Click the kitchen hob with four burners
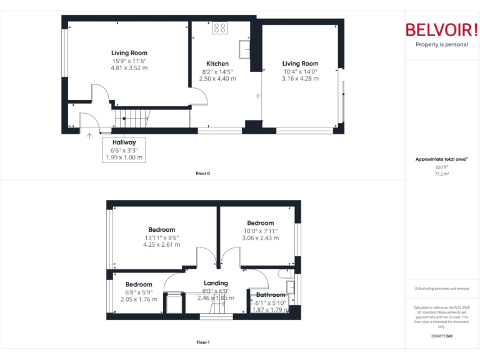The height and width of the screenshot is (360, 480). tap(220, 28)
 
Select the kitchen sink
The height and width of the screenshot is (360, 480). tap(245, 48)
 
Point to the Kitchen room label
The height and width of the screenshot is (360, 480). tap(217, 64)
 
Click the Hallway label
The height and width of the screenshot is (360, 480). tap(124, 142)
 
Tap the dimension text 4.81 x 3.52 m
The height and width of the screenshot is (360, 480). tap(129, 68)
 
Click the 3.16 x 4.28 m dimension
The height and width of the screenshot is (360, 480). tap(300, 79)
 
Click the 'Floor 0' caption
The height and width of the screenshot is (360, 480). tap(203, 173)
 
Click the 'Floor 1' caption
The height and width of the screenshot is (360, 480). tap(203, 342)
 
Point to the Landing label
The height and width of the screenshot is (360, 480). tap(216, 283)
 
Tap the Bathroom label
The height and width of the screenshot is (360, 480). tap(271, 295)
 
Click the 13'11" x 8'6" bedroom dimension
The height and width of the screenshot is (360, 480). tap(162, 237)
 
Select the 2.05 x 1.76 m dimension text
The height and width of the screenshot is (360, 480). tap(139, 299)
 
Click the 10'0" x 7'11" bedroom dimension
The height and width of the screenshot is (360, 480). tap(260, 231)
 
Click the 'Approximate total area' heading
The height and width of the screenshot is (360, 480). tap(441, 159)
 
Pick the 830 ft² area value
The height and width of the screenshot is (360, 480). tap(442, 167)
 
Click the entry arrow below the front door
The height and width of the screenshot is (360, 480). tap(89, 134)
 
